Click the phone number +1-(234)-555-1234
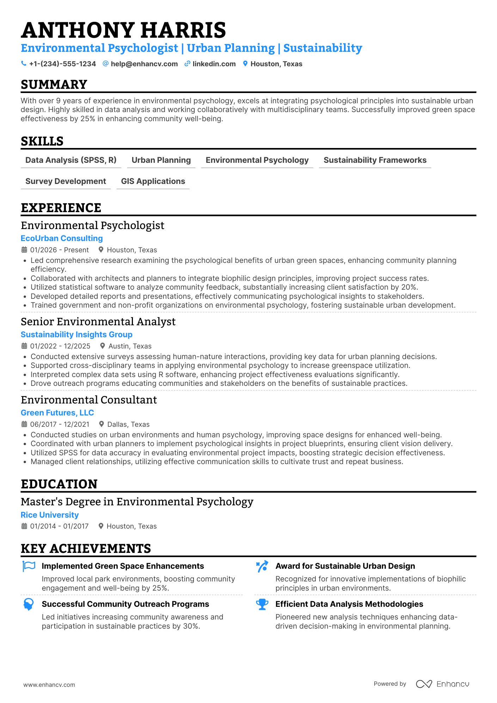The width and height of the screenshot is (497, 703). (62, 64)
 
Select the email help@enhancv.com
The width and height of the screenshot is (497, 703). (144, 64)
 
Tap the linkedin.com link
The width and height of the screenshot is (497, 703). (214, 64)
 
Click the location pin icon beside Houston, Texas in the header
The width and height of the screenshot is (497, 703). (245, 64)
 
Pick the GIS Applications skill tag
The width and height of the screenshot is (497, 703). (153, 181)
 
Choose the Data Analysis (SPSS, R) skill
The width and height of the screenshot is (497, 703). (71, 160)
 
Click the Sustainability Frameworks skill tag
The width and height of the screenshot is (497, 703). (375, 160)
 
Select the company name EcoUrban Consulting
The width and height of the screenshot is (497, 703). (62, 238)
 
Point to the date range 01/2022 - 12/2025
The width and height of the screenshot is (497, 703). (60, 346)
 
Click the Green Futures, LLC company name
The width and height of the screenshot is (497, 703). (57, 413)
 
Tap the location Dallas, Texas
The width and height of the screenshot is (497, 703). (128, 424)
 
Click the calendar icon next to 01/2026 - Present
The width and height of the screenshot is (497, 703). (24, 250)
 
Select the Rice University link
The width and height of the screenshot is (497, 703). (50, 515)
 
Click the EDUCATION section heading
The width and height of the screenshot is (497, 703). (59, 484)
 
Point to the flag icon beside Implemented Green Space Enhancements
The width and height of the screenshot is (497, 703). (29, 566)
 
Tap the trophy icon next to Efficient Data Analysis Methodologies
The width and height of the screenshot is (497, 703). (262, 604)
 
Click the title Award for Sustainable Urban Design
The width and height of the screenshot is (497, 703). (345, 566)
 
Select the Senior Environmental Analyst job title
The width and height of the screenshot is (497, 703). (98, 322)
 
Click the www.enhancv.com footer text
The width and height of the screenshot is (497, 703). (49, 685)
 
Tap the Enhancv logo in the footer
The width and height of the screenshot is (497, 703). (443, 684)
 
